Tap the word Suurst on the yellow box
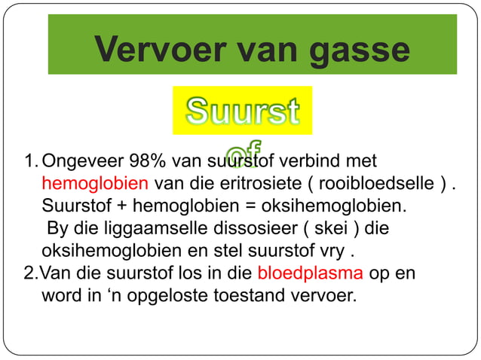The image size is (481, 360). [x=242, y=111]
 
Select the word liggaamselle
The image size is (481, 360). [x=136, y=227]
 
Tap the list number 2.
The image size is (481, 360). [x=29, y=273]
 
